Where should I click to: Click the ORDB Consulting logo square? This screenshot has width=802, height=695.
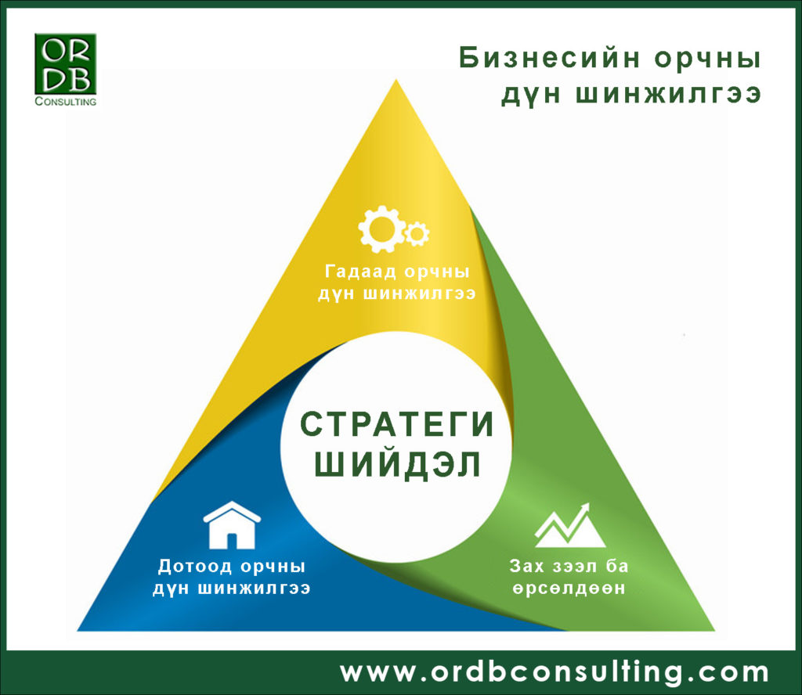coord(66,64)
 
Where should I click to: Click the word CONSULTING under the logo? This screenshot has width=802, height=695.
coord(66,101)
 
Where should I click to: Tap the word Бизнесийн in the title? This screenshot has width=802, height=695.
coord(549,58)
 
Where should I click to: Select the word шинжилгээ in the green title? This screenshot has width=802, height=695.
coord(669,94)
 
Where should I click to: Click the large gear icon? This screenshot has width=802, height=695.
coord(381,229)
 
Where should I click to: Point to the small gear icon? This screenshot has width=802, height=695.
coord(417,234)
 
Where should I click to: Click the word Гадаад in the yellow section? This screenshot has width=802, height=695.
coord(360,272)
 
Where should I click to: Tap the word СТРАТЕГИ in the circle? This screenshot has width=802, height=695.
coord(397,424)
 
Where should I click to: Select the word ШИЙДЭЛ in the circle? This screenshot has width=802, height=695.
coord(397,465)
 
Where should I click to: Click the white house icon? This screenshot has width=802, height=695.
coord(232,524)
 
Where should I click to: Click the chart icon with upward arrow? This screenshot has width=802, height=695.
coord(569,524)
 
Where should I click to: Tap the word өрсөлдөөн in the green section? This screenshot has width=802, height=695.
coord(569,589)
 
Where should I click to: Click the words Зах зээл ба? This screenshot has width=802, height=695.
coord(569,566)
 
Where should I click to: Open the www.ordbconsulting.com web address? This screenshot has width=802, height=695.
coord(555,672)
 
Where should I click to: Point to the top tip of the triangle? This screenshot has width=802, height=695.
coord(396,80)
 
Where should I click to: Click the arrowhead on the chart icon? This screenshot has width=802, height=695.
coord(584,509)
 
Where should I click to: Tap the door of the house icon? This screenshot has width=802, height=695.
coord(232,541)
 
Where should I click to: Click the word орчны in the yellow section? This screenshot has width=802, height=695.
coord(437,272)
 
